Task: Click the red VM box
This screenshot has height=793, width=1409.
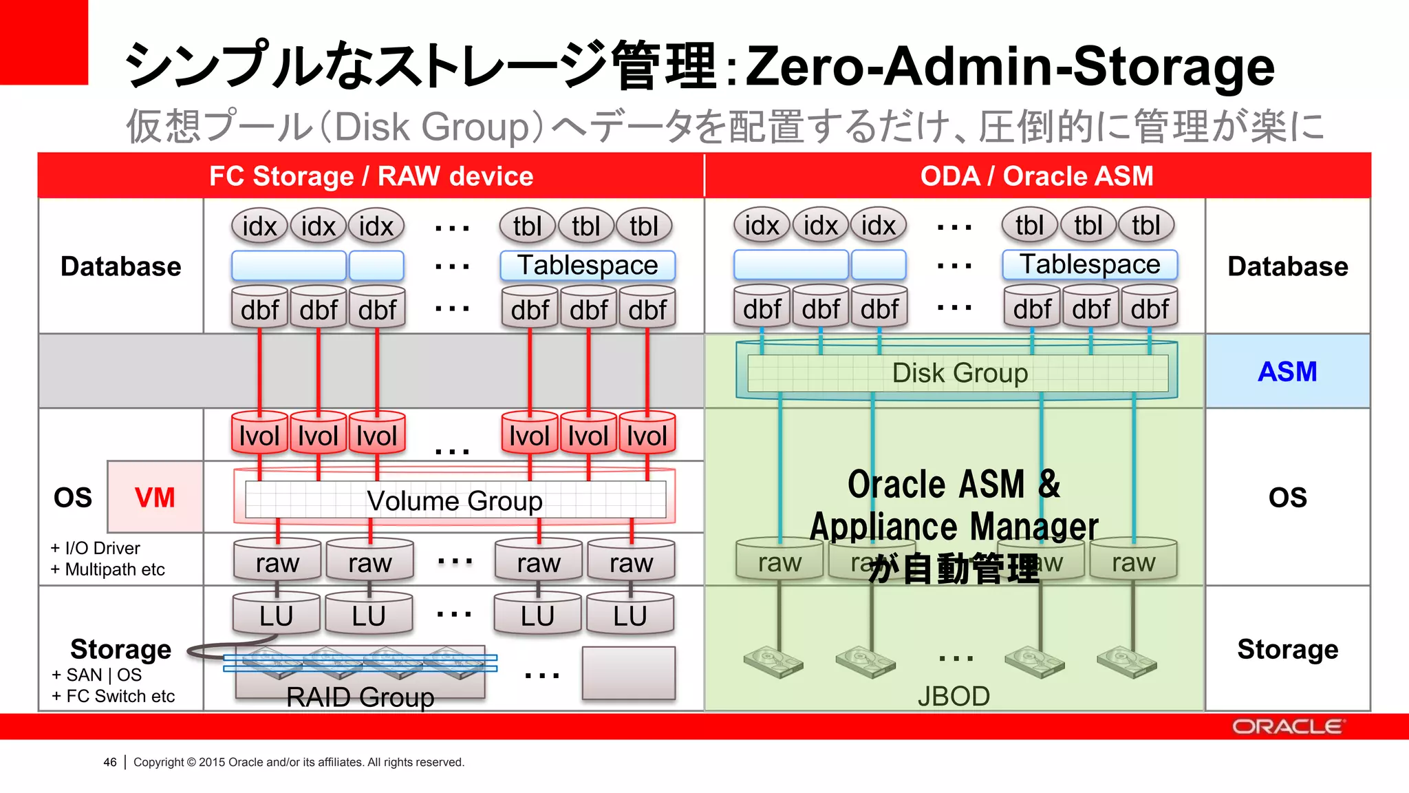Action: (155, 497)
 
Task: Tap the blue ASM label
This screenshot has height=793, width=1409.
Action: (1287, 372)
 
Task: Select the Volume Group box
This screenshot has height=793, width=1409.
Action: (455, 500)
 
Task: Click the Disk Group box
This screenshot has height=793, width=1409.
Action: (959, 373)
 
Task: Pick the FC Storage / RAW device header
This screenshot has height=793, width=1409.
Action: (371, 176)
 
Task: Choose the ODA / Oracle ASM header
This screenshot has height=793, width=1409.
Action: (1036, 176)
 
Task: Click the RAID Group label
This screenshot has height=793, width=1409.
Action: (360, 697)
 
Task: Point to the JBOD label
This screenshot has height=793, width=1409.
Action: (954, 697)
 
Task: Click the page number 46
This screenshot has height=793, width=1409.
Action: (110, 762)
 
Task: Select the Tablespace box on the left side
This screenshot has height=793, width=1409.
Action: (588, 266)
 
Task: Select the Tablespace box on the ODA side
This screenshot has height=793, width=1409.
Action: (1090, 265)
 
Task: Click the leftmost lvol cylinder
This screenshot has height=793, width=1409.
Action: (259, 435)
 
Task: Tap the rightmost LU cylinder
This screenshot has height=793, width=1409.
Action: (630, 615)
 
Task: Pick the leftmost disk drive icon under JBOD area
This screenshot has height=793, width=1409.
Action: (773, 661)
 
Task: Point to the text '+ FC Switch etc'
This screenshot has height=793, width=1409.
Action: (114, 696)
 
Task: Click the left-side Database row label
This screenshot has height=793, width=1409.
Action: (120, 266)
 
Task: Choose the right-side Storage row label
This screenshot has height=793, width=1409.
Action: (1287, 649)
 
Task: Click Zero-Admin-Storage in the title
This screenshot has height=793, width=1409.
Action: (1010, 66)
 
